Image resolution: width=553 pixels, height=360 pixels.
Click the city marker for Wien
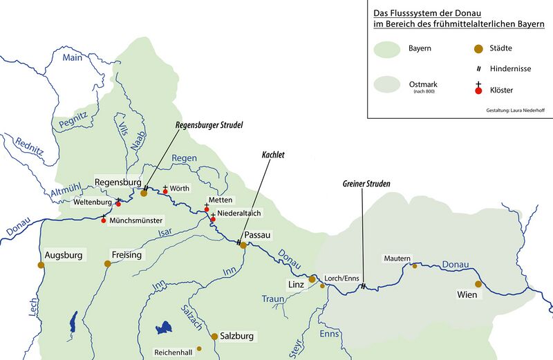point(478,283)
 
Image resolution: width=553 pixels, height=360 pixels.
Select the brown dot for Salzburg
point(214,337)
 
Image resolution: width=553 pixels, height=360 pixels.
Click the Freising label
point(126,255)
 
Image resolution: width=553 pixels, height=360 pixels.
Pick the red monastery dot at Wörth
point(165,191)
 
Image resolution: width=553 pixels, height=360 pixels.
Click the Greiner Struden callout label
point(366,184)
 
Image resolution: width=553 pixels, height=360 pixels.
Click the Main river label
point(72,58)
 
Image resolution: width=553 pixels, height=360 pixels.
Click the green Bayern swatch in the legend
point(386,49)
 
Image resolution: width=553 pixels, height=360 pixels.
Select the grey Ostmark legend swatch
point(386,86)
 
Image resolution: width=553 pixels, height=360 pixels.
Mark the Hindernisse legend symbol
point(478,69)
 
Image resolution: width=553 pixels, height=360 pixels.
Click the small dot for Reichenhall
point(199,348)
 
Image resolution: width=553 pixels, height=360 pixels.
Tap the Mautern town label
point(397,258)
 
